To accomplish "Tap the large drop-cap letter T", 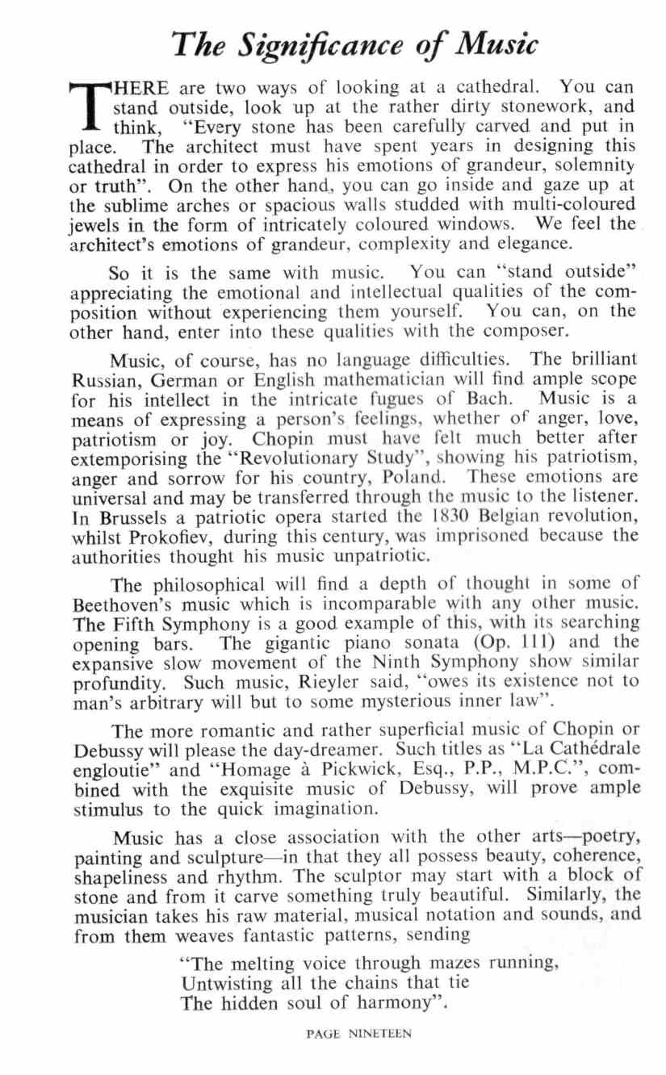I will point(90,104).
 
